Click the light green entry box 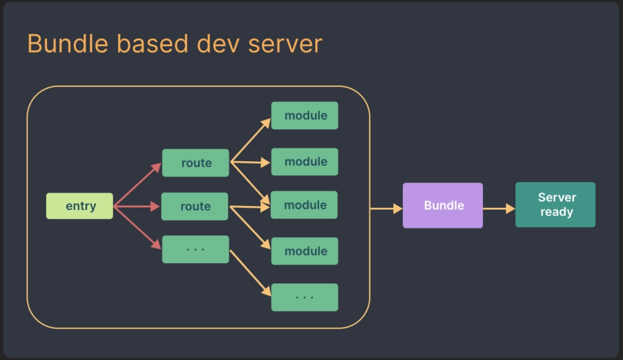80,206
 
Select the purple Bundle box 442,205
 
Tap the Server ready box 555,205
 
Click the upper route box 195,163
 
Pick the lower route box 195,207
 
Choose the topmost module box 304,116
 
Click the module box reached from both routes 304,205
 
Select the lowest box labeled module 304,251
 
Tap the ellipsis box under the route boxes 195,250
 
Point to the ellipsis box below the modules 304,297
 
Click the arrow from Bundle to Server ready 499,208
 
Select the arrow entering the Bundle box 386,208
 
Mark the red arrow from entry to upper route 137,185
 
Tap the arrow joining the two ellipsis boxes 250,273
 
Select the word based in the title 144,44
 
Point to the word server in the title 284,44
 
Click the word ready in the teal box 556,212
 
